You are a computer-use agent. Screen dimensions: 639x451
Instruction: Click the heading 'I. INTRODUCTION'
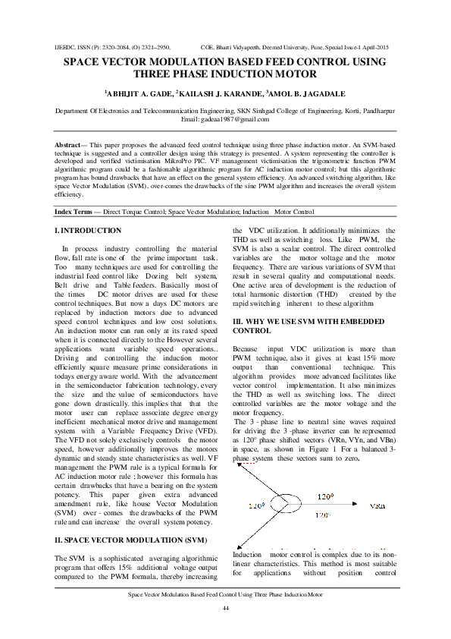[x=88, y=230]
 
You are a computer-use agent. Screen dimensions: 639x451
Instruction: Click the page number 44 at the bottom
[x=225, y=609]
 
